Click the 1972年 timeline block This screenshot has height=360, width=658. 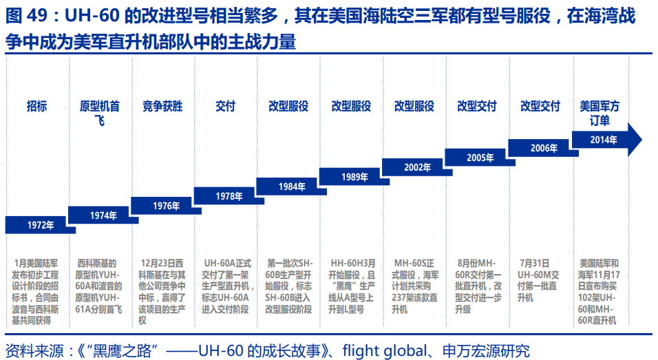[39, 225]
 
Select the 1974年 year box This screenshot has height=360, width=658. [103, 215]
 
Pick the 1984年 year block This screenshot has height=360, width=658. [292, 187]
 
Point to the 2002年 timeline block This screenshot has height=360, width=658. [417, 167]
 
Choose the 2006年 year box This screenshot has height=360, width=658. [543, 148]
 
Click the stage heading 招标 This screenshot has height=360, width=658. [37, 106]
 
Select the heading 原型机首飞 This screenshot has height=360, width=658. [100, 113]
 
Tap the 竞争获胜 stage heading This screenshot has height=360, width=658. [162, 106]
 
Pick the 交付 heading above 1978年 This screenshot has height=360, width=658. [225, 106]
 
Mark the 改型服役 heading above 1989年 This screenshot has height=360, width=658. [351, 106]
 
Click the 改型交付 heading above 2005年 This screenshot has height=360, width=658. [477, 106]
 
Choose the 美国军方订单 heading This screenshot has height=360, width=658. [599, 113]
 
